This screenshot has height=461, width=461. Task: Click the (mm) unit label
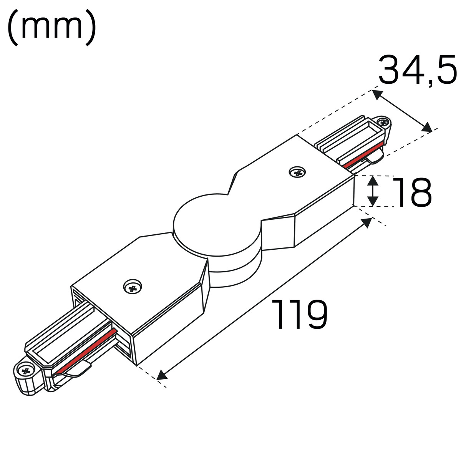(x=52, y=28)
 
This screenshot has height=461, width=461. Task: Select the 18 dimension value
(x=412, y=192)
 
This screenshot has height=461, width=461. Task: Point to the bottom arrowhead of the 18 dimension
(x=373, y=201)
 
